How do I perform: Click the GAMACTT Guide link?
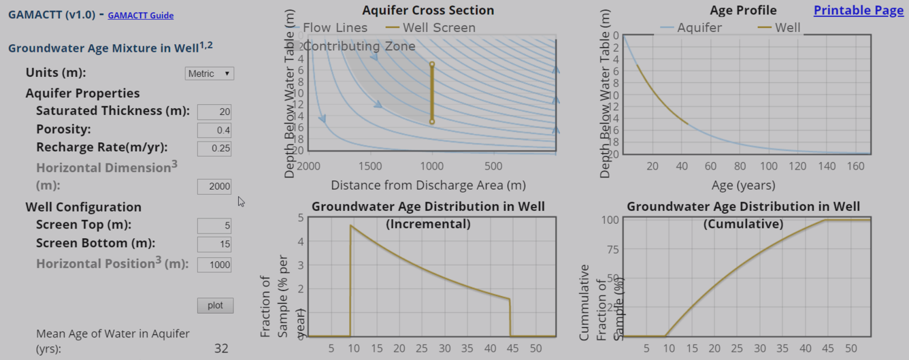click(x=140, y=15)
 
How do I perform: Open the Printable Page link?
click(x=858, y=10)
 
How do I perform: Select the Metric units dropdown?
click(x=209, y=73)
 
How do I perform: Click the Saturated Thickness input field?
click(x=214, y=112)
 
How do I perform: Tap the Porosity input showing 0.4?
click(x=214, y=130)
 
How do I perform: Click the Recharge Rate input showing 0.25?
click(x=214, y=148)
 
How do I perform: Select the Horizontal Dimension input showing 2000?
click(x=214, y=186)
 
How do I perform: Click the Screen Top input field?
click(x=214, y=225)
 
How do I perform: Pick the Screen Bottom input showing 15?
click(x=214, y=244)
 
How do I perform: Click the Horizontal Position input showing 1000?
click(x=214, y=265)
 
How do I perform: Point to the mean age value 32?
click(x=221, y=348)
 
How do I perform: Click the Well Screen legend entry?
click(x=431, y=28)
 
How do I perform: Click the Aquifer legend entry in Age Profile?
click(x=691, y=28)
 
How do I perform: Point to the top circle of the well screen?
click(x=431, y=65)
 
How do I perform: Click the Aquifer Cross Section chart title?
click(x=428, y=10)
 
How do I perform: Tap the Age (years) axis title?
click(x=743, y=185)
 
